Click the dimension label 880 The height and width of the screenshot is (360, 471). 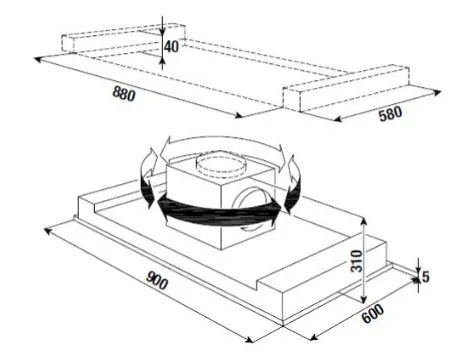click(x=124, y=93)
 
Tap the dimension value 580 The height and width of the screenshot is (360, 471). click(x=390, y=114)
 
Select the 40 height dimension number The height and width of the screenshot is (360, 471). click(x=171, y=46)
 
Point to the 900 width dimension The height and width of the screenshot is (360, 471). click(x=156, y=280)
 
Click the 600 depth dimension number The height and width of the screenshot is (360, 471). click(x=373, y=313)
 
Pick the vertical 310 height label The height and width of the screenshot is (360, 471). click(x=356, y=260)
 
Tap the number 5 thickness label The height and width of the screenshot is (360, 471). click(x=426, y=277)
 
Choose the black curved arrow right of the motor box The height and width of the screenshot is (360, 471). click(x=293, y=185)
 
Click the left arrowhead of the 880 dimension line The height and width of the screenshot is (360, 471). click(x=38, y=60)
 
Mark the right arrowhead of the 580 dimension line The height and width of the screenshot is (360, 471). click(x=437, y=93)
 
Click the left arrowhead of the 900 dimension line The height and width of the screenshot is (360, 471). click(x=48, y=231)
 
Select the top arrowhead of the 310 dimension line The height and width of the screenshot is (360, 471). click(x=363, y=222)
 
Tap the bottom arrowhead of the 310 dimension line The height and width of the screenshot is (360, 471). click(x=364, y=299)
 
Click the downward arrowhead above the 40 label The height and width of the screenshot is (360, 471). click(x=162, y=31)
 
